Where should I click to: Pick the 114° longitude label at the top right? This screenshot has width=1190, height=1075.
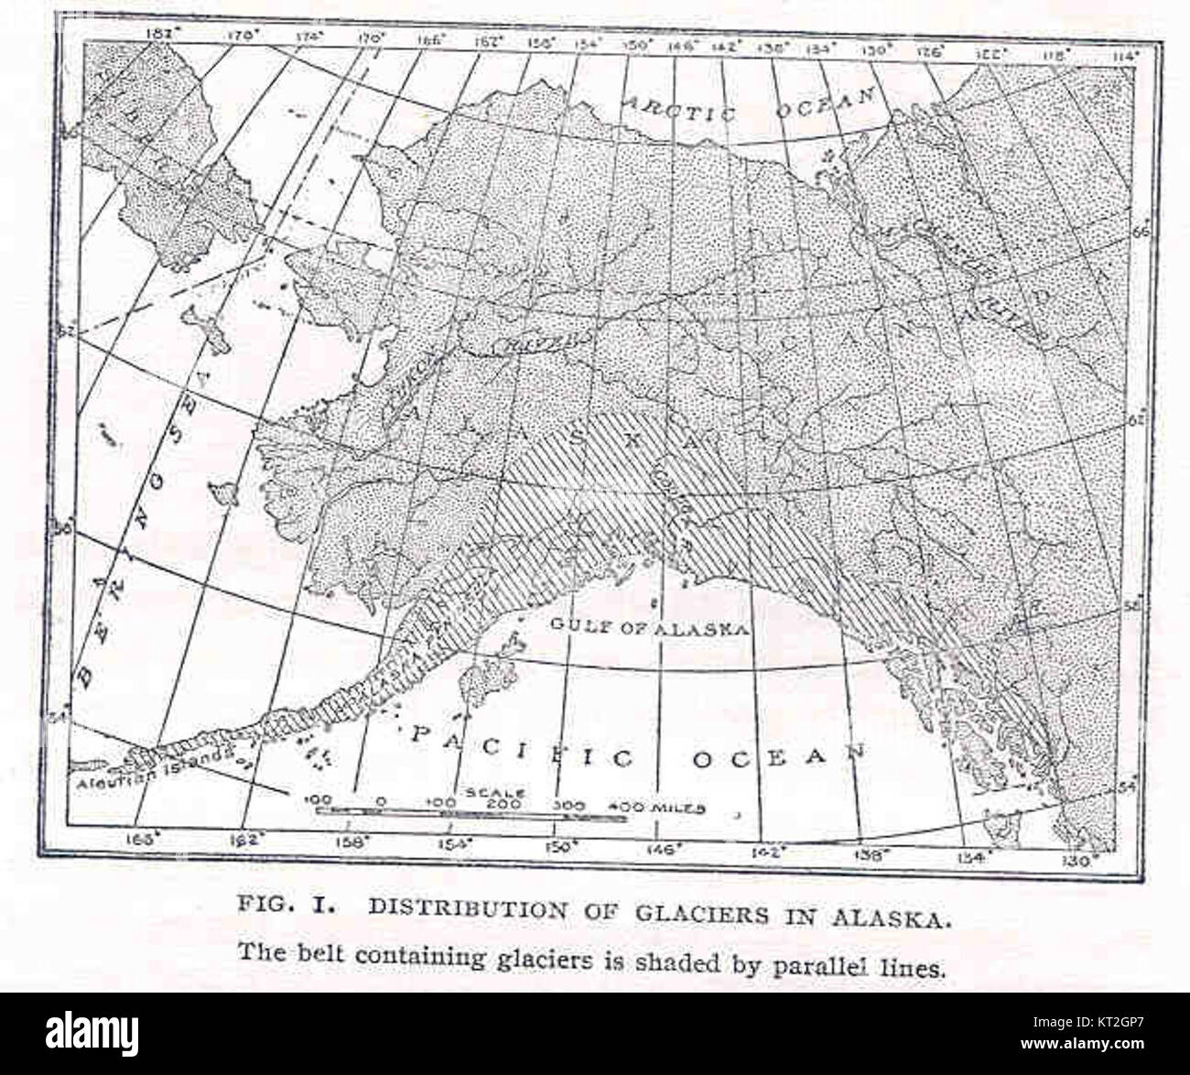coord(1123,56)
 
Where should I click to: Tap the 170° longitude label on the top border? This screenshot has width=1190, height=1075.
coord(371,38)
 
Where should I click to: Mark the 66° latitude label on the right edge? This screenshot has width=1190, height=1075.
coord(1142,233)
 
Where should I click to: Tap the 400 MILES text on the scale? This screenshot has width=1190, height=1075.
coord(657,808)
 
